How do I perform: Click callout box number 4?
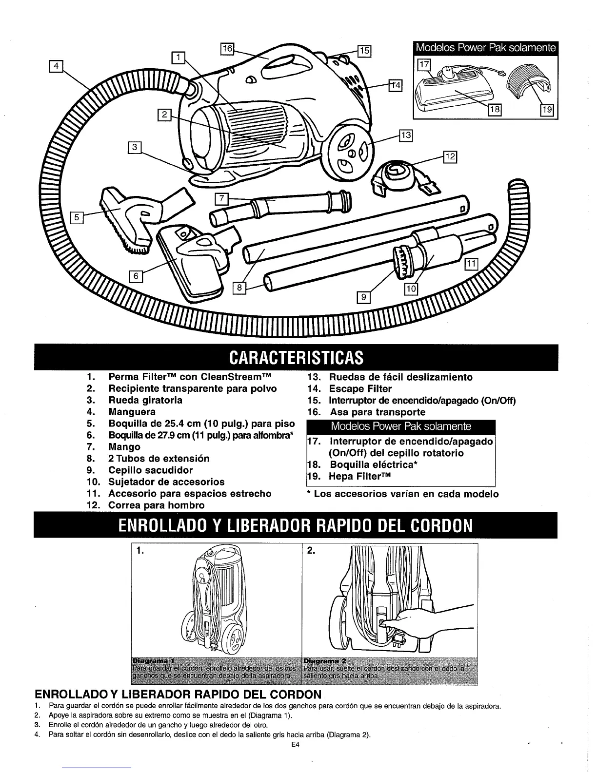point(57,65)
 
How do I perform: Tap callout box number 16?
point(227,49)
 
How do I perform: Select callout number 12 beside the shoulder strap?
point(449,156)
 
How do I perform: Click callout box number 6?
point(136,275)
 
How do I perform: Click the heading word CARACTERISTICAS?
point(296,357)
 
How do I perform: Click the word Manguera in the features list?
point(132,412)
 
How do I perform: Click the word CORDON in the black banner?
point(442,526)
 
